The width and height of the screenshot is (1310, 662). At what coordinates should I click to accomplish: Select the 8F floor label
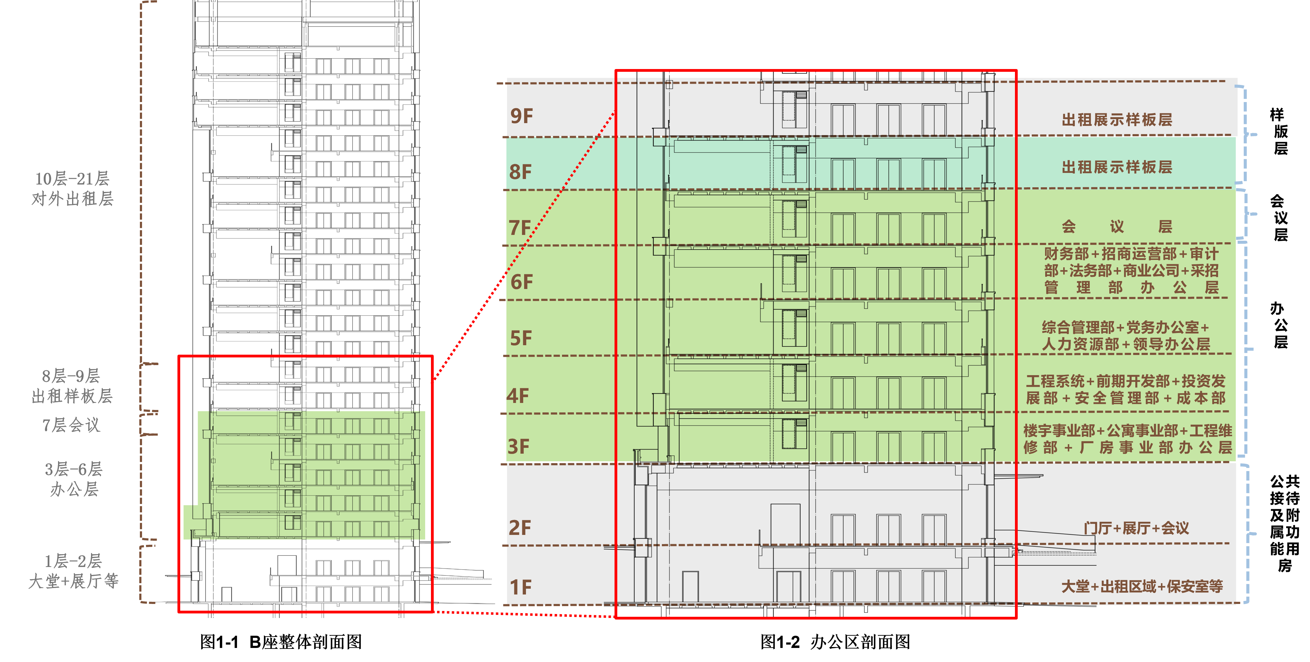(x=520, y=172)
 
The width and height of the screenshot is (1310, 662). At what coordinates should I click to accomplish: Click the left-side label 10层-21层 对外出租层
(x=72, y=188)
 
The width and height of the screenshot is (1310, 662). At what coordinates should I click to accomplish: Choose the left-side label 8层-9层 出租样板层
(x=72, y=386)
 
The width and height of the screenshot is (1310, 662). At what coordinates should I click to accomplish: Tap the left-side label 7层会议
(x=71, y=425)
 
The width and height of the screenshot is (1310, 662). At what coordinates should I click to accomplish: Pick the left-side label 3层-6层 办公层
(x=74, y=479)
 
